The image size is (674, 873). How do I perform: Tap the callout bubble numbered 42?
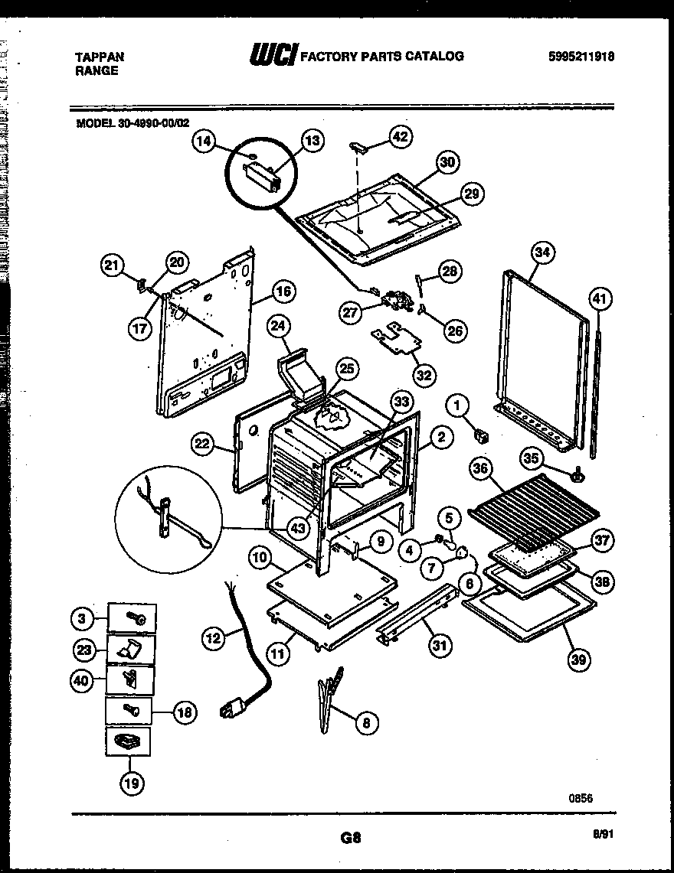[400, 137]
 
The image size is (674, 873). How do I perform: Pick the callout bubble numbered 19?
[129, 782]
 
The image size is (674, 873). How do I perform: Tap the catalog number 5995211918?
[582, 56]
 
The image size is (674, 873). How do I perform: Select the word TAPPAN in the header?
[100, 56]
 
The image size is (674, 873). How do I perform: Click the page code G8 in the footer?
[351, 838]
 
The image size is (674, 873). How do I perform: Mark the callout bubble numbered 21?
[113, 265]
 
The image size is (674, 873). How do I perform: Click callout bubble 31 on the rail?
[439, 647]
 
